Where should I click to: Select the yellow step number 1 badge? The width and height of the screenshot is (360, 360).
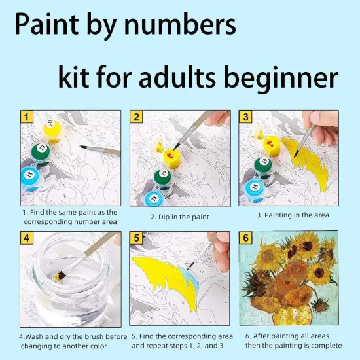pos(27,117)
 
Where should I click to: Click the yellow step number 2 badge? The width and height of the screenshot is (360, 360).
pos(136,117)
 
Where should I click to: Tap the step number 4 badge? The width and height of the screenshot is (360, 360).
pos(27,237)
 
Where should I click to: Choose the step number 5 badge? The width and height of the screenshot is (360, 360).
pos(136,237)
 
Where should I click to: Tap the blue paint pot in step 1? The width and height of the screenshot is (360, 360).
pos(29,177)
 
